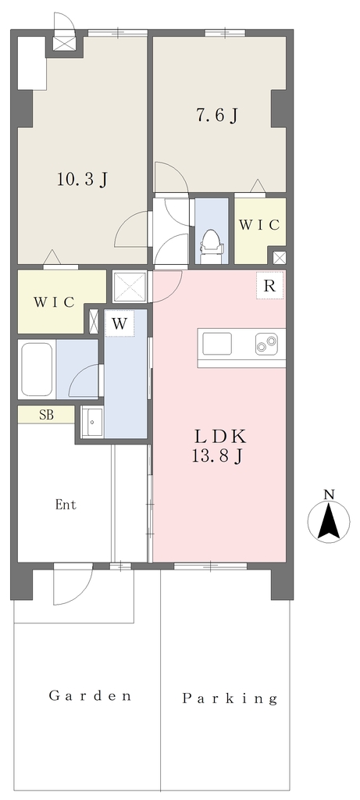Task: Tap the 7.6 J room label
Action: [217, 116]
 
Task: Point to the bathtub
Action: [37, 370]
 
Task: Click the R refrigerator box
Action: [269, 287]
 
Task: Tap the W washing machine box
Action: [119, 324]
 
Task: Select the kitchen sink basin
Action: [217, 344]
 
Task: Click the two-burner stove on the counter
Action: [267, 344]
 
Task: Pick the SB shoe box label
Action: [46, 415]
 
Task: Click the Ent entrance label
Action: [66, 505]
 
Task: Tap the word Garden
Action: [91, 695]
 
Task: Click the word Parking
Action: [230, 698]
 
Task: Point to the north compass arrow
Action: [329, 521]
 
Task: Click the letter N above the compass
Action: [330, 494]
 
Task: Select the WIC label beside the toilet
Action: [259, 225]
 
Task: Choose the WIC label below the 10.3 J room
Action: [55, 302]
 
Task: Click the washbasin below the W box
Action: [92, 422]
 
